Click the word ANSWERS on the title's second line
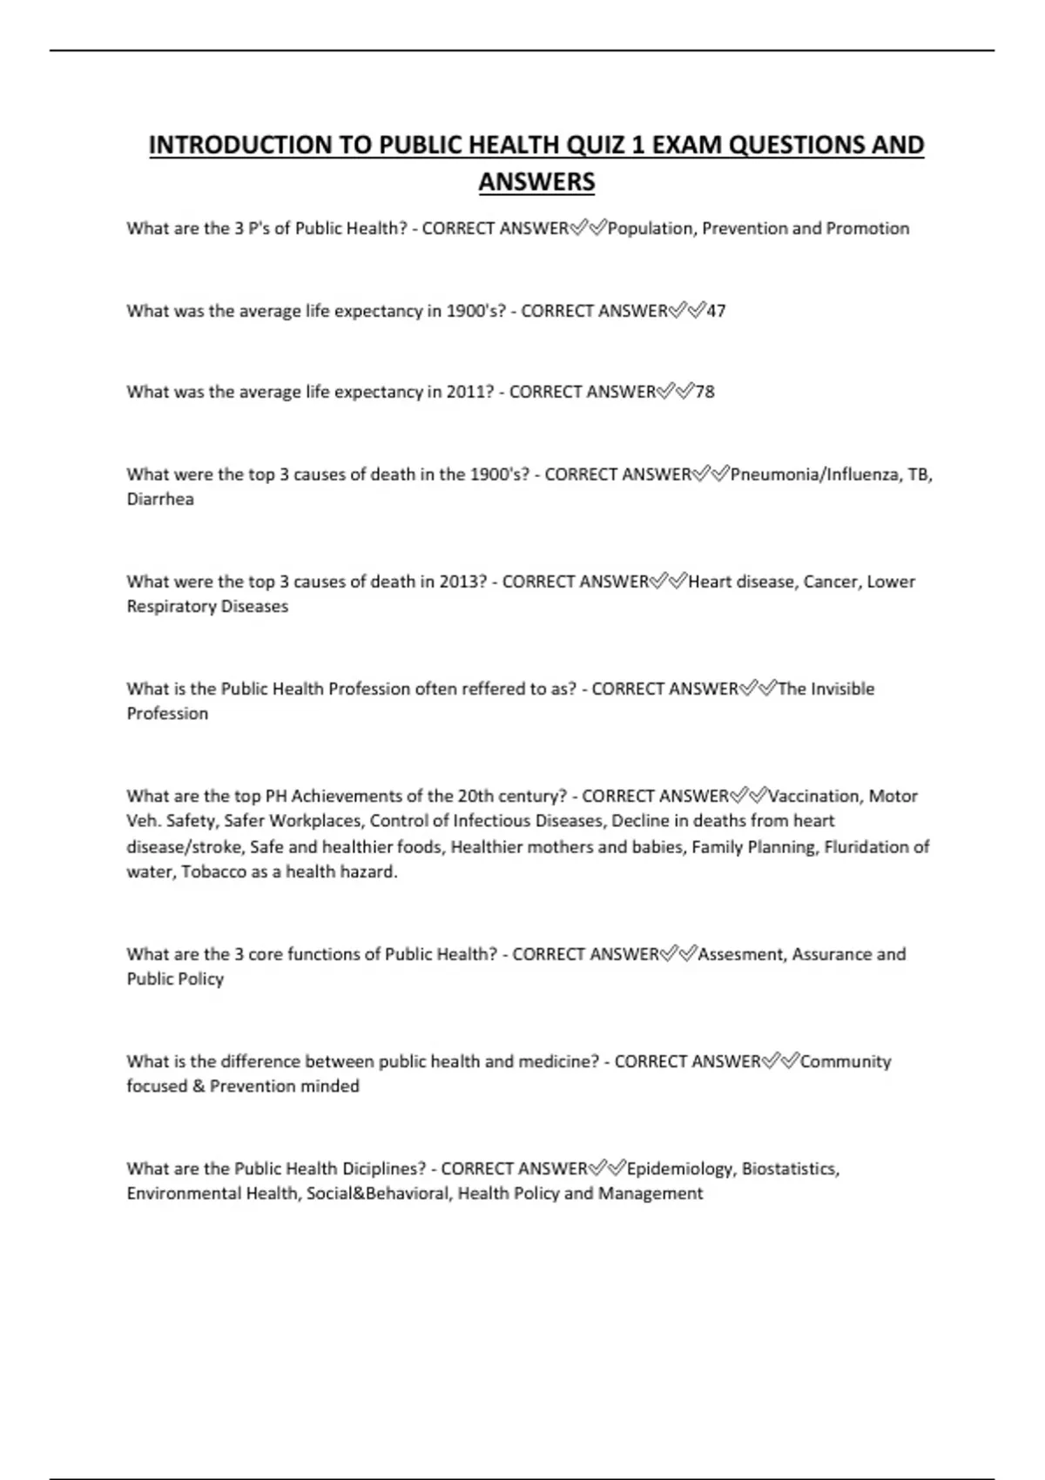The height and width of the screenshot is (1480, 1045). click(x=536, y=182)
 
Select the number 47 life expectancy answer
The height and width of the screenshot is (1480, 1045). click(x=716, y=311)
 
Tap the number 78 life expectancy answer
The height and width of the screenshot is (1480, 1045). click(x=705, y=392)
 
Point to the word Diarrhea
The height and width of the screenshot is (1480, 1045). click(x=160, y=499)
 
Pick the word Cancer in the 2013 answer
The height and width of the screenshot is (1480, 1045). click(x=832, y=582)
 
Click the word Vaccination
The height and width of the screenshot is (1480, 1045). click(x=814, y=796)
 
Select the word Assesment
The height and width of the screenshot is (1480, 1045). click(x=741, y=954)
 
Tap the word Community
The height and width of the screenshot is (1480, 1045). click(x=846, y=1061)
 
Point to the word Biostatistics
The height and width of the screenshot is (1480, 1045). click(x=790, y=1168)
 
